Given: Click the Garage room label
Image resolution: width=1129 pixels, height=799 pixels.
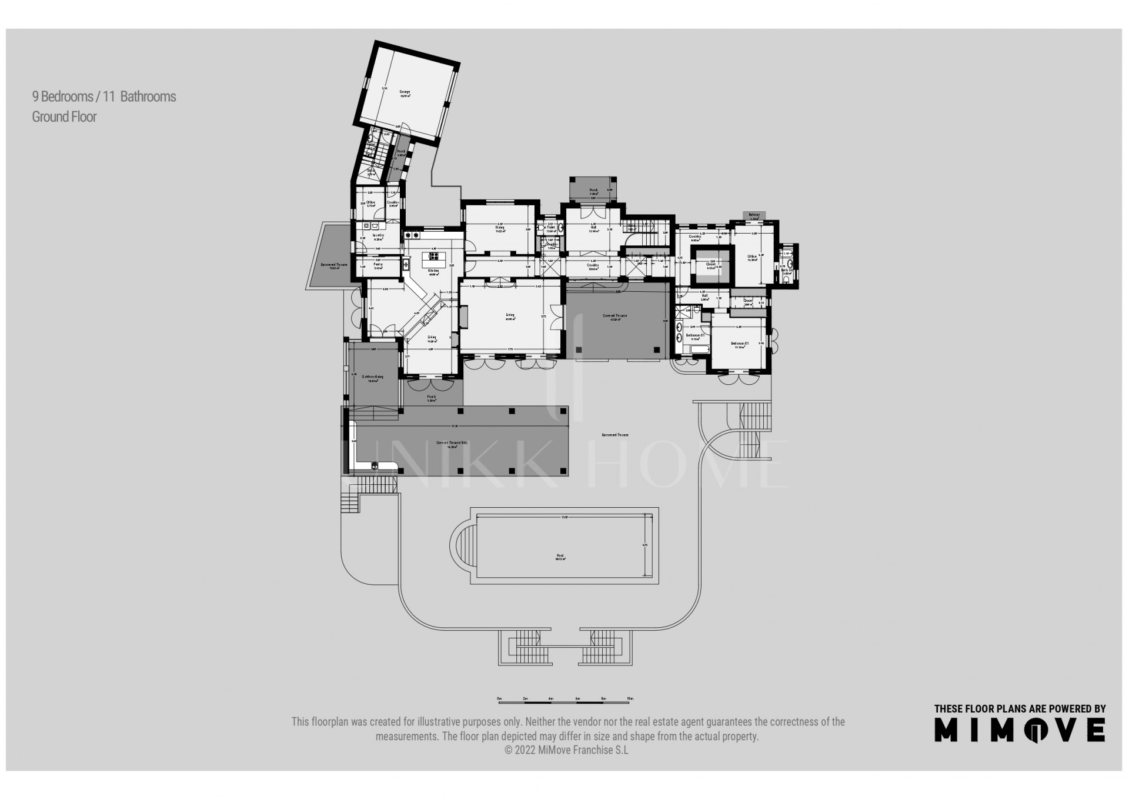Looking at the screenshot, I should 405,92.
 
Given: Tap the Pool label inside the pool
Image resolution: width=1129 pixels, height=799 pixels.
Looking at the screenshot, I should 560,555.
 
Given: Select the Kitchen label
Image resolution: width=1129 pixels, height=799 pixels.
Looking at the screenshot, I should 433,271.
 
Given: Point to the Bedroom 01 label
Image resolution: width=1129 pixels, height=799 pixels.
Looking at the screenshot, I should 739,344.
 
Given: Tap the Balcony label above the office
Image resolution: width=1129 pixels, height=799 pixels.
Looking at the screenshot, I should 754,215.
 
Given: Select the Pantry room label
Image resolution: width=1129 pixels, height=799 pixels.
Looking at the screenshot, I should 378,265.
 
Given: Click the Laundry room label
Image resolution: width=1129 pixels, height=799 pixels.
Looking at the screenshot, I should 378,236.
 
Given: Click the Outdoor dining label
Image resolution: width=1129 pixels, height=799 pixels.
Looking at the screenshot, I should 372,377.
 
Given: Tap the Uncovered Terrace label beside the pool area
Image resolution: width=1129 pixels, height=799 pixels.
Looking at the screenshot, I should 615,435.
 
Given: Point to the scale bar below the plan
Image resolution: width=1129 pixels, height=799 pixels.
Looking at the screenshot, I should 564,699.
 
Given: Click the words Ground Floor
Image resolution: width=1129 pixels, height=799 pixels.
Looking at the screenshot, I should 64,116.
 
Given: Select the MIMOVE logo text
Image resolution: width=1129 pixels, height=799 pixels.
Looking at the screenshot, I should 1020,730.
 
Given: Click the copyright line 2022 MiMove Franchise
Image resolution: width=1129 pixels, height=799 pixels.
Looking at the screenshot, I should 566,750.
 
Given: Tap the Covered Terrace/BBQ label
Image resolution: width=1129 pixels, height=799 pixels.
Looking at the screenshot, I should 452,444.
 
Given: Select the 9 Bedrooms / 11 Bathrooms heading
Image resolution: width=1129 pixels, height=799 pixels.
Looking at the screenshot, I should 104,96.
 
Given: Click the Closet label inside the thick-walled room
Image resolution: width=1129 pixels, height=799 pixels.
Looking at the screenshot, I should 711,265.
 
